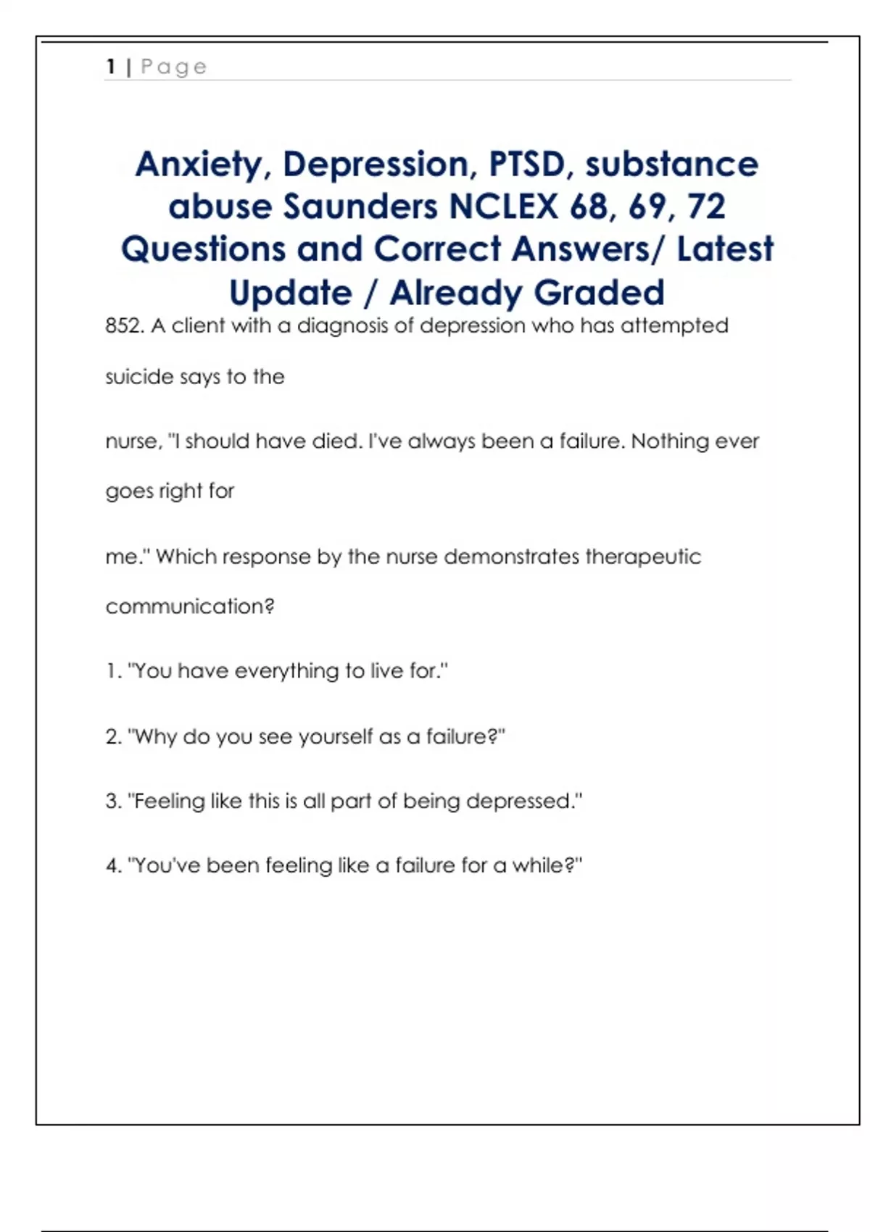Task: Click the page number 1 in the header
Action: point(111,67)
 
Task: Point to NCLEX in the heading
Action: point(504,207)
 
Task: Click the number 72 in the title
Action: point(706,207)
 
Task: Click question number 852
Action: point(124,325)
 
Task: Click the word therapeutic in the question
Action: point(643,557)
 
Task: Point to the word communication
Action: point(189,607)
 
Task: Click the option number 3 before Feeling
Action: point(112,801)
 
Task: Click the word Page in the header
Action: point(174,67)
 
